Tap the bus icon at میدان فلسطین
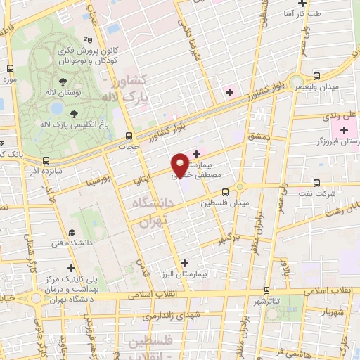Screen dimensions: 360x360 (x=226, y=191)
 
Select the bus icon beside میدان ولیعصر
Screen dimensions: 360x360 (x=316, y=76)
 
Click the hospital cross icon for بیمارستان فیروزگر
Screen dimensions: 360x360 (x=344, y=131)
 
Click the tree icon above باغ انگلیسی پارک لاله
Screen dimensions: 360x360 (x=73, y=113)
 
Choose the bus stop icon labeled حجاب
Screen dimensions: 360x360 (x=128, y=136)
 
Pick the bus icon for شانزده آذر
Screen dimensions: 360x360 (x=46, y=160)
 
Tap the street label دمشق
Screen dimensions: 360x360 (x=257, y=136)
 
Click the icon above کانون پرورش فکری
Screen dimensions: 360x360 (x=86, y=39)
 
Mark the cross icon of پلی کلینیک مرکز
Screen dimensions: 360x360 (x=71, y=267)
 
